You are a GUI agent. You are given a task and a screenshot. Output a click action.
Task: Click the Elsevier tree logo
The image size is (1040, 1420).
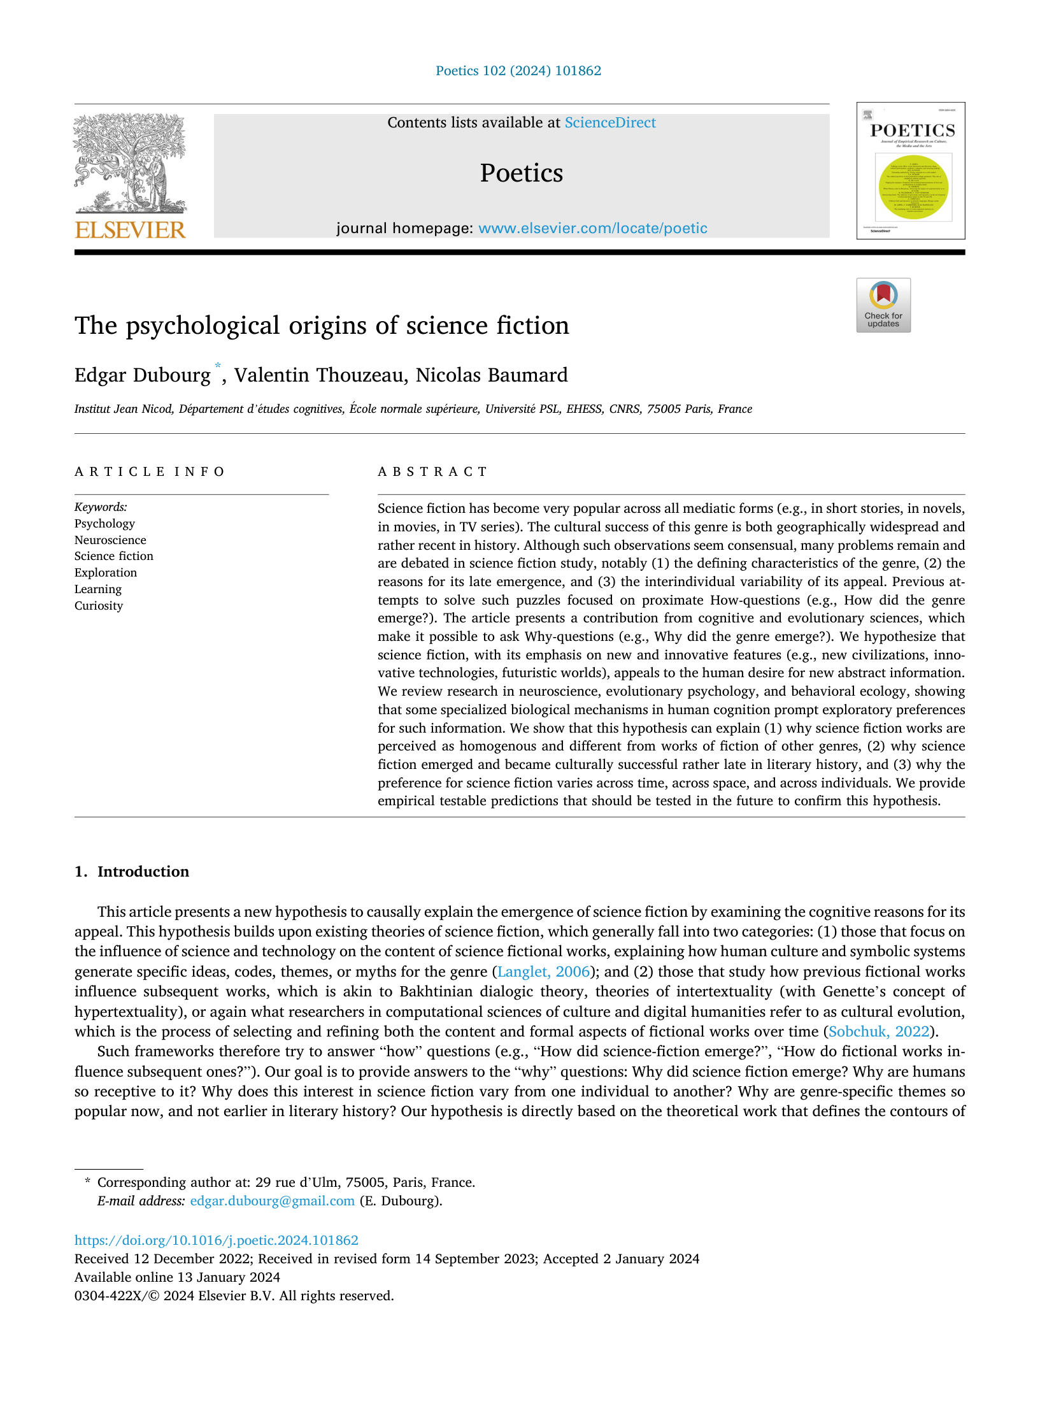[130, 164]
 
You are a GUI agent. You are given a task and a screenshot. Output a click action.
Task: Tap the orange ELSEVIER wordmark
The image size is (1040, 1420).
[130, 229]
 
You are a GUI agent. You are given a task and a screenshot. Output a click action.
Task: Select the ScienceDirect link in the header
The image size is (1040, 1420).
[609, 122]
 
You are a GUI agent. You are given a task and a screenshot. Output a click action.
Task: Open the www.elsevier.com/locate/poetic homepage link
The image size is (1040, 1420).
[592, 228]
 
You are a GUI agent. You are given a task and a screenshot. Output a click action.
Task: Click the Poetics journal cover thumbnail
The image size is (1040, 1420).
[910, 171]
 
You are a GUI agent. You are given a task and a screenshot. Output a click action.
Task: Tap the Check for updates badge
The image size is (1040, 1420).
[883, 305]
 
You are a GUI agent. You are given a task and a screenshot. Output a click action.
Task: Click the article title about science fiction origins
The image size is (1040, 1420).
[322, 326]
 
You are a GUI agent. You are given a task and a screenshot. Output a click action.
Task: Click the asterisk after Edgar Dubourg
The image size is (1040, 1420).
[217, 366]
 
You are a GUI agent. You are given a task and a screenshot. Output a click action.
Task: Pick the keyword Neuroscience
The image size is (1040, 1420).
[110, 540]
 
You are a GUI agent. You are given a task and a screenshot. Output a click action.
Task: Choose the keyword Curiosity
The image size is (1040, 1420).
[99, 606]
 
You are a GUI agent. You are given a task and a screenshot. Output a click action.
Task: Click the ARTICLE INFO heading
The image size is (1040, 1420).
[150, 472]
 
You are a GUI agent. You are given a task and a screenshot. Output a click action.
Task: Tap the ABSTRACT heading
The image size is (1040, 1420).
[432, 472]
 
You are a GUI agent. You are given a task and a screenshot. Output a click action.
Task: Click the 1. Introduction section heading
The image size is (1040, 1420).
[132, 871]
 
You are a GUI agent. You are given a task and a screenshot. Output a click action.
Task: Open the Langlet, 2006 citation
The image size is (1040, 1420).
[543, 972]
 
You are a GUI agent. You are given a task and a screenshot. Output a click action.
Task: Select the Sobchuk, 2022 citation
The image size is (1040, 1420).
[880, 1031]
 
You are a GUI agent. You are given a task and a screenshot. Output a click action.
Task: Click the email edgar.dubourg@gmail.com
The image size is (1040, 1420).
[272, 1201]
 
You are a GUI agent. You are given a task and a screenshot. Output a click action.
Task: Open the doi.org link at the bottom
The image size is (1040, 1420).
[217, 1240]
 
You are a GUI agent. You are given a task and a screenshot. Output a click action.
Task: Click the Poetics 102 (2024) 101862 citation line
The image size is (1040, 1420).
[518, 71]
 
